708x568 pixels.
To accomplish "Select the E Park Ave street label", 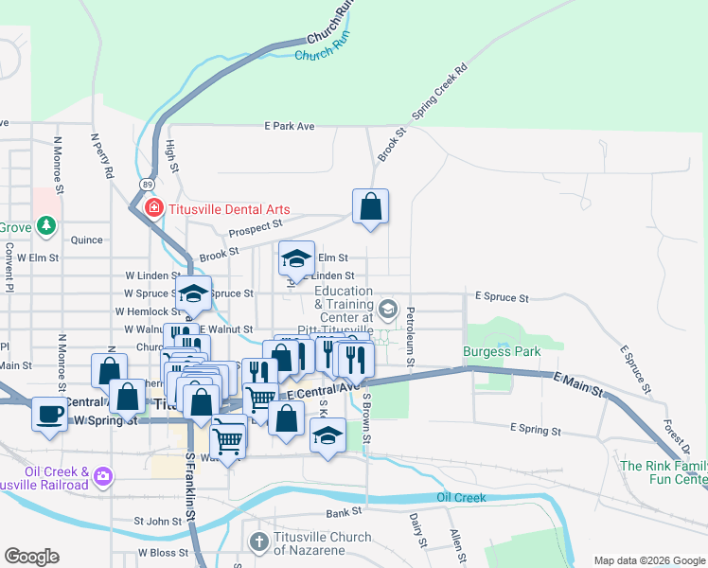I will (x=289, y=126).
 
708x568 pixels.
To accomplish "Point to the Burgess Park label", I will (x=501, y=351).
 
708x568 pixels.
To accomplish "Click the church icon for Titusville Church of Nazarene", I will (x=259, y=542).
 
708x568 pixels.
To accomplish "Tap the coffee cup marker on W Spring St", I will (x=49, y=413).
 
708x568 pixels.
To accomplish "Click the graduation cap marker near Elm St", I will (x=296, y=259).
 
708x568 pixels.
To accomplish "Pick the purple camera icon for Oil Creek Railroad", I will (x=103, y=473).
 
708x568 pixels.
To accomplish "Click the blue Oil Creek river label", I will (x=462, y=498).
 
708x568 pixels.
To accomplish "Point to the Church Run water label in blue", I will (x=323, y=56).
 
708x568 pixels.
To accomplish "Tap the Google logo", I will (x=31, y=557).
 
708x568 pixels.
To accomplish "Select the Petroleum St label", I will (x=410, y=336).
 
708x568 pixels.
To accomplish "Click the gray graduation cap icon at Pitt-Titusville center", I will (x=387, y=310).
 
